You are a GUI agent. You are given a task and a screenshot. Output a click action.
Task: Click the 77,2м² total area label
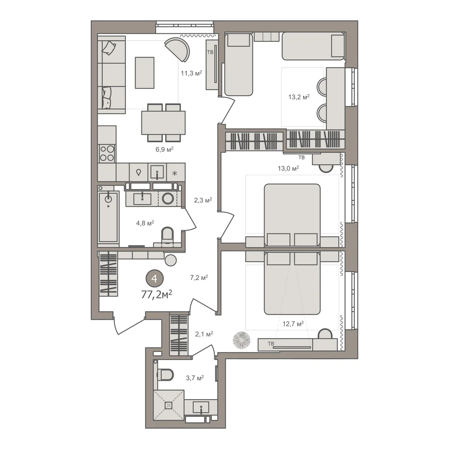point(156,294)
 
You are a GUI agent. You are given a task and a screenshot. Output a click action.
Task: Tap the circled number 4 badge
point(154,279)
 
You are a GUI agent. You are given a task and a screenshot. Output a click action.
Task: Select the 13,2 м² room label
point(299,97)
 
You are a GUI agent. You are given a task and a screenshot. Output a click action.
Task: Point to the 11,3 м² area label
point(191,73)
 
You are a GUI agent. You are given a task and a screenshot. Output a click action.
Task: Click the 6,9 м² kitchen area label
point(164,149)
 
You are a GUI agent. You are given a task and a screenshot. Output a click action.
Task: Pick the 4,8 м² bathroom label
point(145,223)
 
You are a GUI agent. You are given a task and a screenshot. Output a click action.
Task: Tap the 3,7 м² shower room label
point(195,378)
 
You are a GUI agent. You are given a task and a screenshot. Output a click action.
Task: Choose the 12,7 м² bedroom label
point(293,324)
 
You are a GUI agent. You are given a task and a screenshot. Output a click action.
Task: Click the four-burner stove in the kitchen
point(107,154)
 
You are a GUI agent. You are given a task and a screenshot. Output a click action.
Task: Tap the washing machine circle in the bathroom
point(168,198)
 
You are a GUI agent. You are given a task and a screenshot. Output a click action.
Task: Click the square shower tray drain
point(168,405)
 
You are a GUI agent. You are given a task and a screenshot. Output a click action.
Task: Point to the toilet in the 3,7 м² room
point(164,374)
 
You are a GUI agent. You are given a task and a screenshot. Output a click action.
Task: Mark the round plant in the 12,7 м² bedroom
point(242,340)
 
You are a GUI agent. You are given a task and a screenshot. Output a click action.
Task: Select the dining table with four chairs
point(163,123)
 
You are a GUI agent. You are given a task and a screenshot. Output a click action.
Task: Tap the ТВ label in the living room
point(210,53)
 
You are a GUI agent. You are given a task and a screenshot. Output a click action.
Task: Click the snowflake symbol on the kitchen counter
point(174,173)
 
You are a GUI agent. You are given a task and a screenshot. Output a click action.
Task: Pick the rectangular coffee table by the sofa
point(145,73)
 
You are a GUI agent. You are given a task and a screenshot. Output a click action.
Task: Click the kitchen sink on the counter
point(157,172)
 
